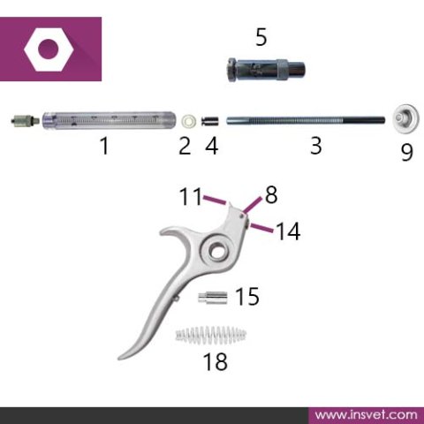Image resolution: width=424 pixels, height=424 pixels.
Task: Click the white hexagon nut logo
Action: [x=49, y=49]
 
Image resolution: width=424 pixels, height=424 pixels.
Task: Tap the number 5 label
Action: [x=261, y=37]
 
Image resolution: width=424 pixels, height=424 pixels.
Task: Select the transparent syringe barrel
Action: [x=110, y=120]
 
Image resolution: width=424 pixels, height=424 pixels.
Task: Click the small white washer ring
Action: [x=189, y=120]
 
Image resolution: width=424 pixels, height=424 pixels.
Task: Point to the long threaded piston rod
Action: [x=306, y=121]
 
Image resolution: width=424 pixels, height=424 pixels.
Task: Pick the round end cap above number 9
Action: [x=406, y=118]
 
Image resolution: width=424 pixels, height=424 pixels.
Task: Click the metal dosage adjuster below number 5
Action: [x=266, y=70]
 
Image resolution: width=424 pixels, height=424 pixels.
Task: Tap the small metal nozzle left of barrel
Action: [x=26, y=120]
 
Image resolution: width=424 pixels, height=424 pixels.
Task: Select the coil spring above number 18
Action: [x=211, y=335]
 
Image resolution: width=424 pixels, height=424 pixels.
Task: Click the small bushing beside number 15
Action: [x=213, y=298]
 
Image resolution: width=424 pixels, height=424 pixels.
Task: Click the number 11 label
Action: [x=191, y=196]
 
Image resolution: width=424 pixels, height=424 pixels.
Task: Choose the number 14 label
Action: [x=288, y=231]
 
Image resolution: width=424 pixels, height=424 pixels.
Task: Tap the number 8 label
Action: [x=271, y=194]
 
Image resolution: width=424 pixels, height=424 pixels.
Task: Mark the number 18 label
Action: [x=216, y=361]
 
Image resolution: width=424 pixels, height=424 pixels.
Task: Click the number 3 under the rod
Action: [x=316, y=146]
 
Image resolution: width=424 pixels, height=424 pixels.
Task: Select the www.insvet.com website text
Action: [x=366, y=415]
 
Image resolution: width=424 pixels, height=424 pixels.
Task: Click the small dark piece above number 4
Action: [x=210, y=121]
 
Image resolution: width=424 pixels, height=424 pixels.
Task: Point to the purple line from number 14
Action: [x=261, y=228]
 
